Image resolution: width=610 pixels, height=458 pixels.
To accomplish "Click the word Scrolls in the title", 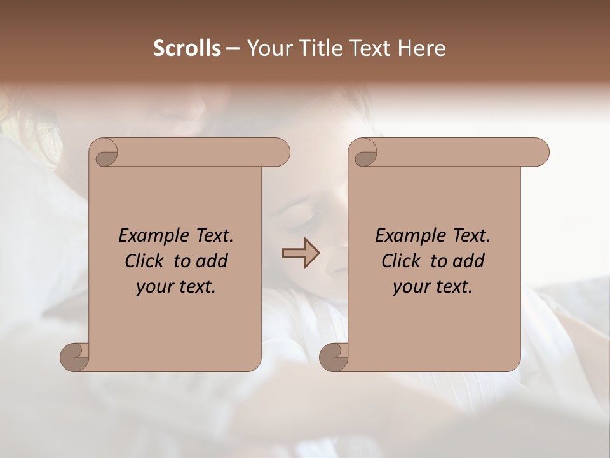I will click(187, 48).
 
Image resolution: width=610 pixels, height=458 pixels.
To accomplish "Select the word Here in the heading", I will click(424, 48).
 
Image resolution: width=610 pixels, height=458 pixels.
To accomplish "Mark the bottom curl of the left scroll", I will click(74, 357).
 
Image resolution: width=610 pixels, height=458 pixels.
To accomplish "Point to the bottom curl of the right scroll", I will click(333, 357).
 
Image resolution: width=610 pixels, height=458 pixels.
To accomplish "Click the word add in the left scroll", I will click(213, 261).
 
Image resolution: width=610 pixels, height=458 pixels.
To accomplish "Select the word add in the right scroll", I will click(470, 261).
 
